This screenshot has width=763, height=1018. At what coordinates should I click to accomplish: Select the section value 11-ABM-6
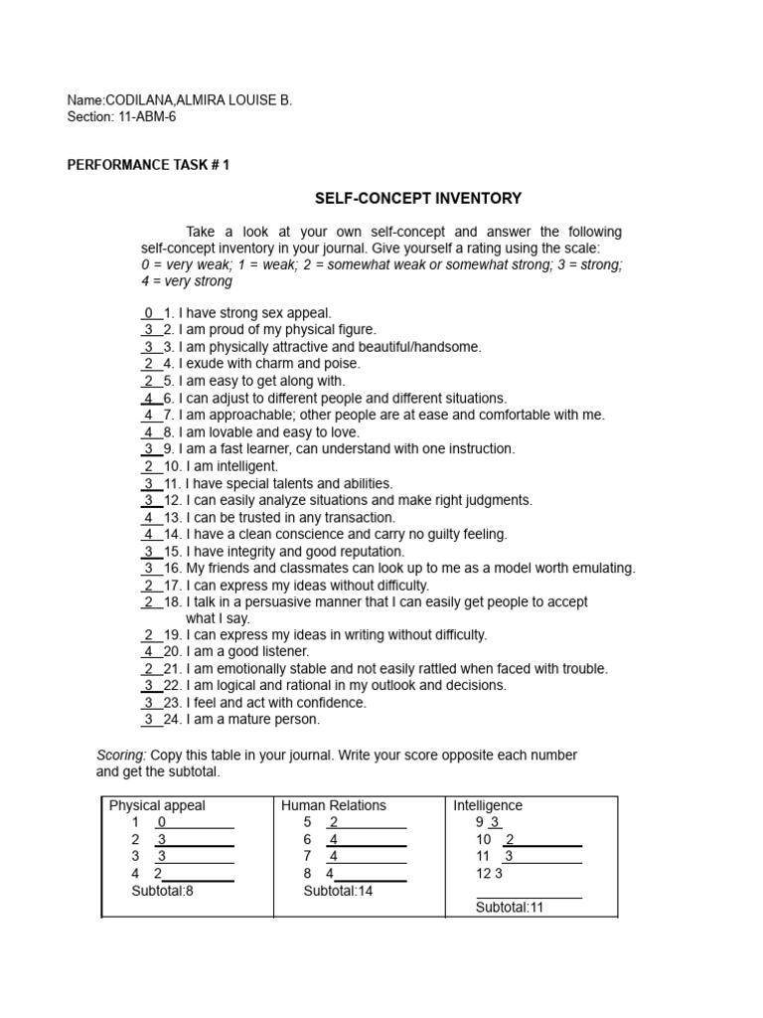coord(146,117)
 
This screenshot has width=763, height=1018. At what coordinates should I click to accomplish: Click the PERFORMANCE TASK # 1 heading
coord(148,165)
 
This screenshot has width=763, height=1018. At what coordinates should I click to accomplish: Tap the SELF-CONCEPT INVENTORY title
coord(418,199)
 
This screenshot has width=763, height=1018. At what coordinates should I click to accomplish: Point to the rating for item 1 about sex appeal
coord(148,313)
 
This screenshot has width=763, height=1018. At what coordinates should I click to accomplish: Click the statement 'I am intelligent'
coord(229,466)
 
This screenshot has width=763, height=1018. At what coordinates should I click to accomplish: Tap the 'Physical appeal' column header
coord(157,805)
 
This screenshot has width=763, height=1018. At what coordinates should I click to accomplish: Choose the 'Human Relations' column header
coord(334,805)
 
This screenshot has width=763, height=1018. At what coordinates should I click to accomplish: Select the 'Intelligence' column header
coord(488,805)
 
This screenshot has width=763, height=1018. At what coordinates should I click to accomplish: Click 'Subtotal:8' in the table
coord(162,891)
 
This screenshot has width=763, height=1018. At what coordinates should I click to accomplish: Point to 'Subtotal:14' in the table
coord(338,891)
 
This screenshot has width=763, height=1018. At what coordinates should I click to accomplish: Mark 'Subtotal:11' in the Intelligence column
coord(510,908)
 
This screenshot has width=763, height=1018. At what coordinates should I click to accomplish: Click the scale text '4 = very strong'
coord(187,281)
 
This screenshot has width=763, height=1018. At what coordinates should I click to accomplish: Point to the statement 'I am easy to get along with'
coord(261,381)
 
